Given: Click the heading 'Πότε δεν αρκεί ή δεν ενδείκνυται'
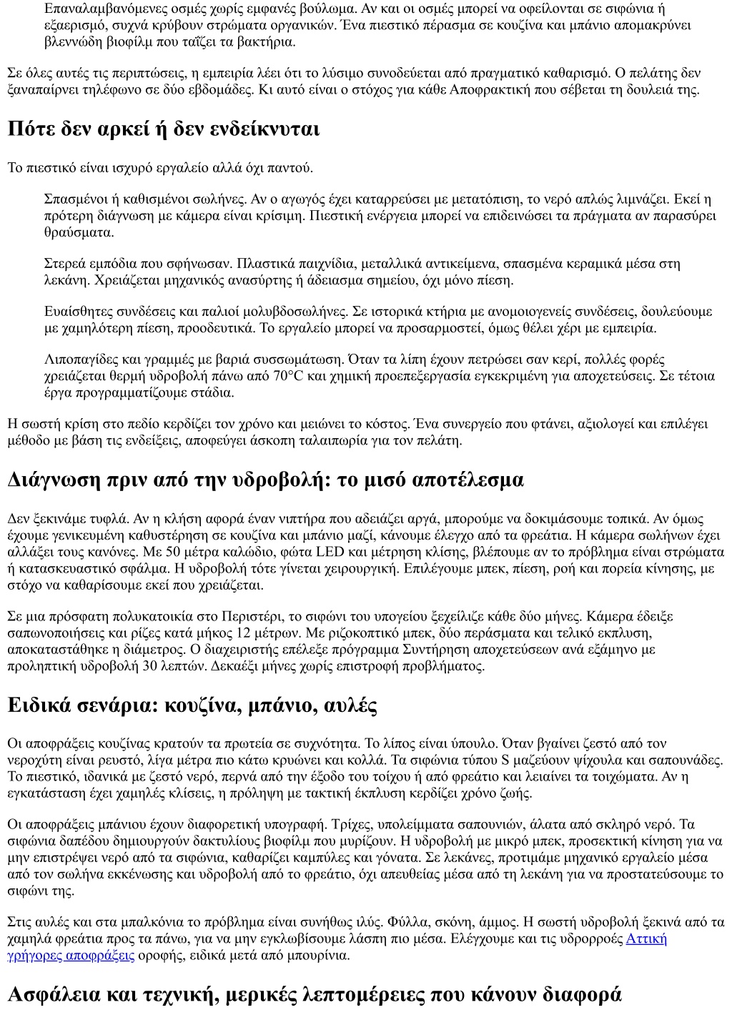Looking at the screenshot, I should (164, 129).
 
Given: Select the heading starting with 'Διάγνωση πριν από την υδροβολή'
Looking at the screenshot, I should (265, 480).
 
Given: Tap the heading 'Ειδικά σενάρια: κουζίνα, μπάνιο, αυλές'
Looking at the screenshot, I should (192, 705).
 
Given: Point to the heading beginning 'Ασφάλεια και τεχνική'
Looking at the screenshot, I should (315, 994).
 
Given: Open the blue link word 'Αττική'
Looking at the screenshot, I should (646, 939).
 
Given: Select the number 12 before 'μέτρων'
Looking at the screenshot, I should (242, 633).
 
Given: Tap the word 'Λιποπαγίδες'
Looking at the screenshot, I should (78, 360).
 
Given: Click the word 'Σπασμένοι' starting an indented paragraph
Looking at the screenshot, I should (74, 199).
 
